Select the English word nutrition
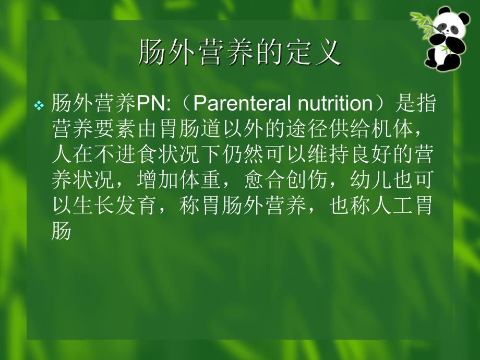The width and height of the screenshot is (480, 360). pyautogui.click(x=334, y=104)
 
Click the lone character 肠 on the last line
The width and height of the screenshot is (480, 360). pyautogui.click(x=62, y=232)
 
